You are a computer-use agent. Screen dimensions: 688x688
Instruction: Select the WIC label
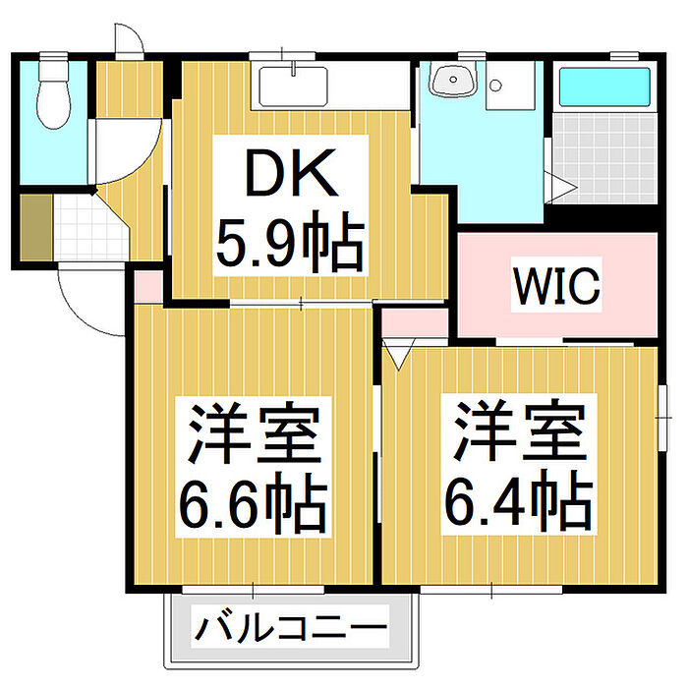tap(555, 286)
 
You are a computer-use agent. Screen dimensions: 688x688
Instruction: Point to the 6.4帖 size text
tap(520, 501)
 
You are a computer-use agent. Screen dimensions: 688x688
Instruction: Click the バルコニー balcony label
tap(290, 626)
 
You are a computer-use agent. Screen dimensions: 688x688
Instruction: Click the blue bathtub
tap(603, 87)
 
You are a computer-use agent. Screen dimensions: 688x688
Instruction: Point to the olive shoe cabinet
tap(33, 227)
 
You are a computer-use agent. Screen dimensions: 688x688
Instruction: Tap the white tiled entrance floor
tap(78, 226)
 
